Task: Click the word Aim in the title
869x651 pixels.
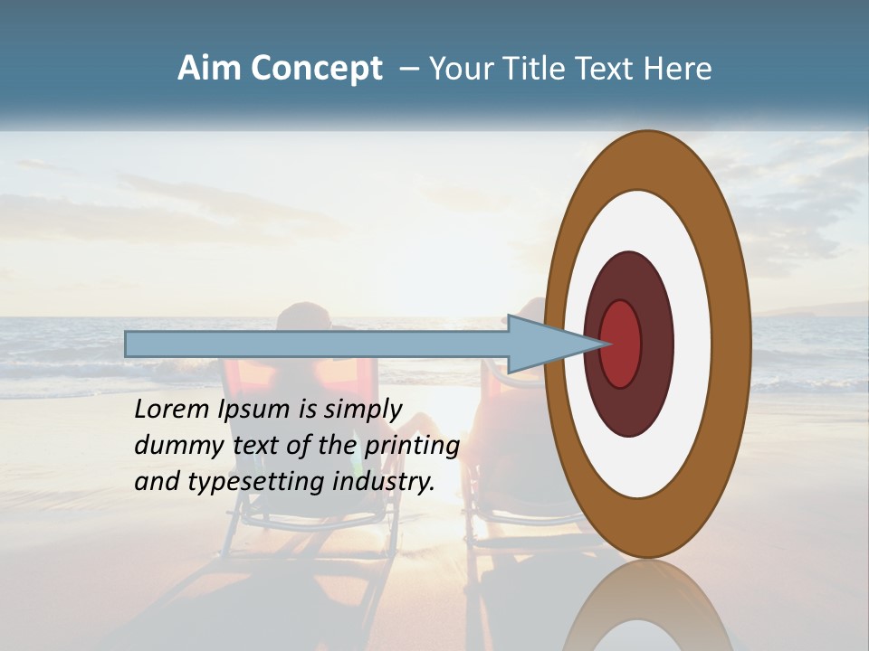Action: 209,69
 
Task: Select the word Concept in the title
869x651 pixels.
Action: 316,69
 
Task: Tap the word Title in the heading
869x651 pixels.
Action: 526,69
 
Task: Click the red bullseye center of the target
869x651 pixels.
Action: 621,344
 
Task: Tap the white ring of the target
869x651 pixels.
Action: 692,344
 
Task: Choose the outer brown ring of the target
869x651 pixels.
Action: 733,344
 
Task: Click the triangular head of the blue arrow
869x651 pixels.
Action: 543,344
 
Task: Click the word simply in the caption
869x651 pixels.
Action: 362,410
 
